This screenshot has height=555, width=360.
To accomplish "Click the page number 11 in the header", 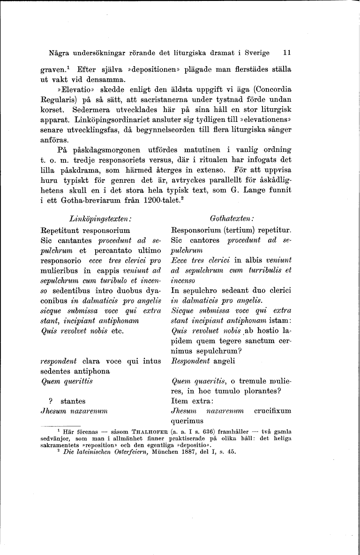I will click(287, 53).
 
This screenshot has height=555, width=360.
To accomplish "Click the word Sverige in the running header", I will click(256, 53).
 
